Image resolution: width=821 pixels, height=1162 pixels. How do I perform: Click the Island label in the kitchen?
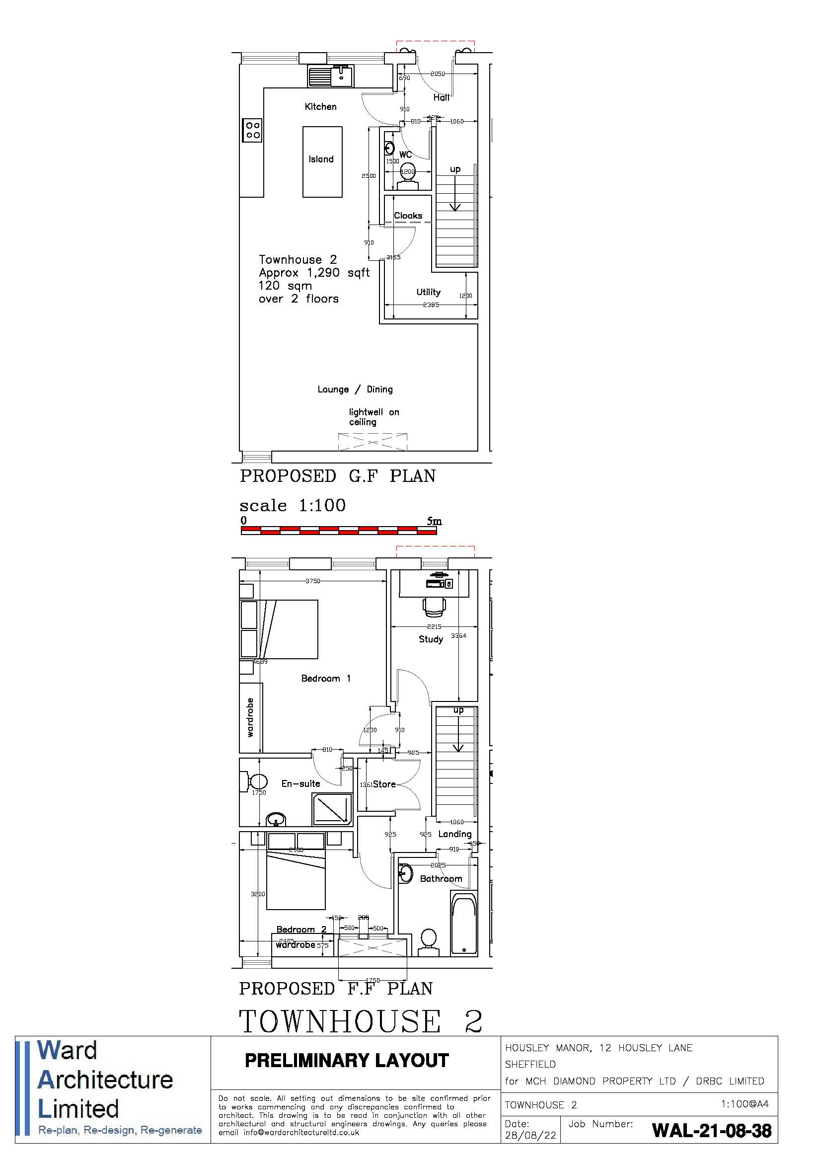(321, 159)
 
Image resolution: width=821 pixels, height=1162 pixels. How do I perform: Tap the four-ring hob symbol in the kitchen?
(252, 130)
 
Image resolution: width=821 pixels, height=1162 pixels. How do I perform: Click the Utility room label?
(429, 292)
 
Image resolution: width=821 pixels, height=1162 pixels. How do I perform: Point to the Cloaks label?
(408, 216)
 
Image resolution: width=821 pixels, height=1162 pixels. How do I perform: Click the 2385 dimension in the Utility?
(431, 305)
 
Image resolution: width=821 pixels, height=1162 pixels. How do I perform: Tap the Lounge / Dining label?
(355, 389)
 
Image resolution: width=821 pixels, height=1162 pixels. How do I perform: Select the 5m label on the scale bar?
(434, 521)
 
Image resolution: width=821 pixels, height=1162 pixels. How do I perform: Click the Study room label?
(431, 639)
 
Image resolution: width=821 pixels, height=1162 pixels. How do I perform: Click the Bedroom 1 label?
(326, 678)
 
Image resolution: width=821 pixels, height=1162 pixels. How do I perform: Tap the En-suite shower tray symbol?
(332, 809)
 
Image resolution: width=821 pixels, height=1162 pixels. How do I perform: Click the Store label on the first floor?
(384, 784)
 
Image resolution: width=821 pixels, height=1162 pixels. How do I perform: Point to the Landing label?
(455, 834)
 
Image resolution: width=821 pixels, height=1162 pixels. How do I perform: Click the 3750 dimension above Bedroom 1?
(312, 581)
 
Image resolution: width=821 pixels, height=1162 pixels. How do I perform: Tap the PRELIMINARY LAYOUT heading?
(347, 1060)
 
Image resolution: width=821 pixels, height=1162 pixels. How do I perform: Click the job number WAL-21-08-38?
(712, 1131)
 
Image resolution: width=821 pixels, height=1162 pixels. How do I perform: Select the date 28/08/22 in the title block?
(530, 1135)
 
